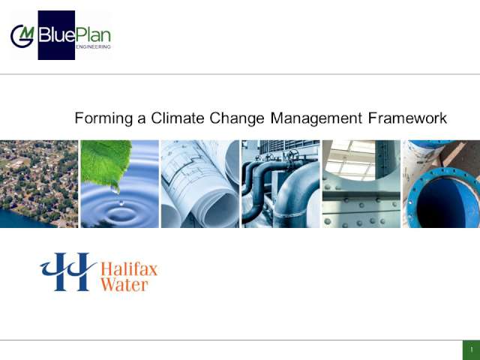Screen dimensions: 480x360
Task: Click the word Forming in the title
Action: coord(103,118)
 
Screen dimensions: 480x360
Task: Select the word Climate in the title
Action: coord(177,118)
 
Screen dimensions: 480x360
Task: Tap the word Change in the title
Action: coord(237,118)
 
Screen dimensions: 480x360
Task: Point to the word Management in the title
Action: coord(316,118)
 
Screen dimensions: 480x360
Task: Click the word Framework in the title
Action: coord(407,118)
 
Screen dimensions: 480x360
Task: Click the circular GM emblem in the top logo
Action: coord(22,36)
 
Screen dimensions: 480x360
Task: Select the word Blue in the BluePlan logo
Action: coord(57,35)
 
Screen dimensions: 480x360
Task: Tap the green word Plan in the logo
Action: coord(93,35)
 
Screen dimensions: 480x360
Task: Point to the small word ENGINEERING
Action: coord(93,46)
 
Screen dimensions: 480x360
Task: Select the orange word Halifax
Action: coord(129,269)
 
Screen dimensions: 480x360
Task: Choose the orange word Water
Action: coord(124,284)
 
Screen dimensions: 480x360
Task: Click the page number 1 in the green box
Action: coord(472,349)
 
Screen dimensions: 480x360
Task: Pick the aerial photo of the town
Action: coord(39,184)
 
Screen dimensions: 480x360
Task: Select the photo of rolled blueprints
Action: coord(200,184)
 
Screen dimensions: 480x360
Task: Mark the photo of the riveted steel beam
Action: coord(361,184)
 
